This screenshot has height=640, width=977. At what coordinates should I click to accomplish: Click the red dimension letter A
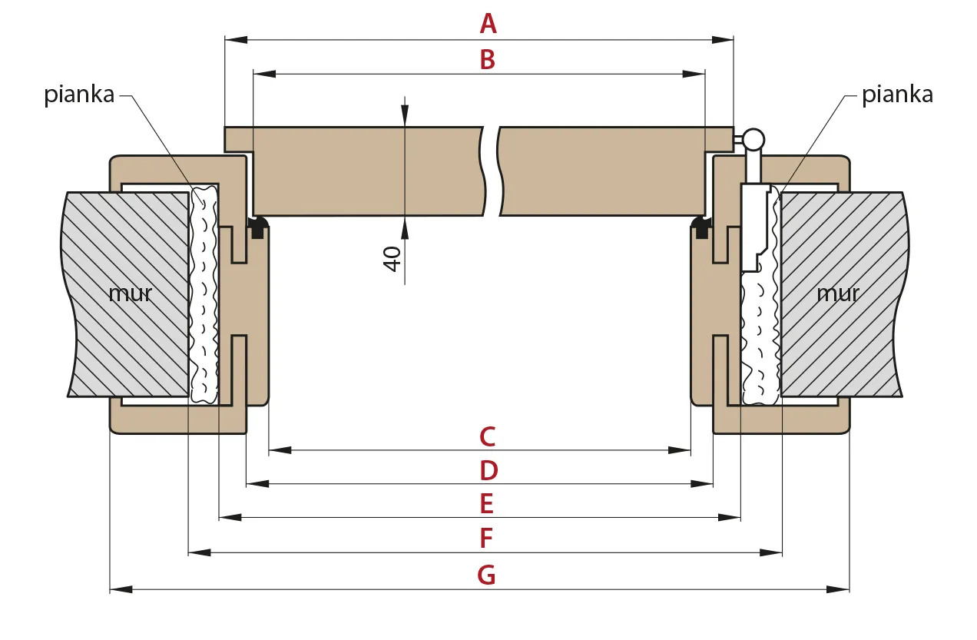488,24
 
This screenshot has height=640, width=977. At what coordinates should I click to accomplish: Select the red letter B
488,59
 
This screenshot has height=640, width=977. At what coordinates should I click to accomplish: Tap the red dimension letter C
488,436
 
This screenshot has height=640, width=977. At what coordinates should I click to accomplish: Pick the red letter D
488,471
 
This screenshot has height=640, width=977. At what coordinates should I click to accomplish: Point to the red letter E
487,504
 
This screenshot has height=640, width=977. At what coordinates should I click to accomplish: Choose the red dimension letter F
486,538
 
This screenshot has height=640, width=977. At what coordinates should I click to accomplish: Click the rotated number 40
392,259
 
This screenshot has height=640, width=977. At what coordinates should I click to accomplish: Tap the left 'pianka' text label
79,95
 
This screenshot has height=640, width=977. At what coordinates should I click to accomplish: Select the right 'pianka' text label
898,95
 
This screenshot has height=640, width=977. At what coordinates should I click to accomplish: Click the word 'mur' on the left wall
130,293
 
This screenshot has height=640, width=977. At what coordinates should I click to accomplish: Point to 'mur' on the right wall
838,293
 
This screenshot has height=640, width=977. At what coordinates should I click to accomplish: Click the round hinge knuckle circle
753,140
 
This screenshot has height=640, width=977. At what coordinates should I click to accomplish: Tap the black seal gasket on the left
258,227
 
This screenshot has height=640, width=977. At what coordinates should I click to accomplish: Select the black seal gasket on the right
701,227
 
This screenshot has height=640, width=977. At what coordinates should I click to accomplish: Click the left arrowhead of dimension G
121,589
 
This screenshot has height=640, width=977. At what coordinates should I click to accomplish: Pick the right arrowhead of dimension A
722,40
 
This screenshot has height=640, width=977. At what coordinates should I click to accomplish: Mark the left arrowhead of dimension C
280,450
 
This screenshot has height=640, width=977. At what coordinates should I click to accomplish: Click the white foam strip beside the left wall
204,295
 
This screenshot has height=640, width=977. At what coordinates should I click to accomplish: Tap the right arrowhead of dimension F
770,552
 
